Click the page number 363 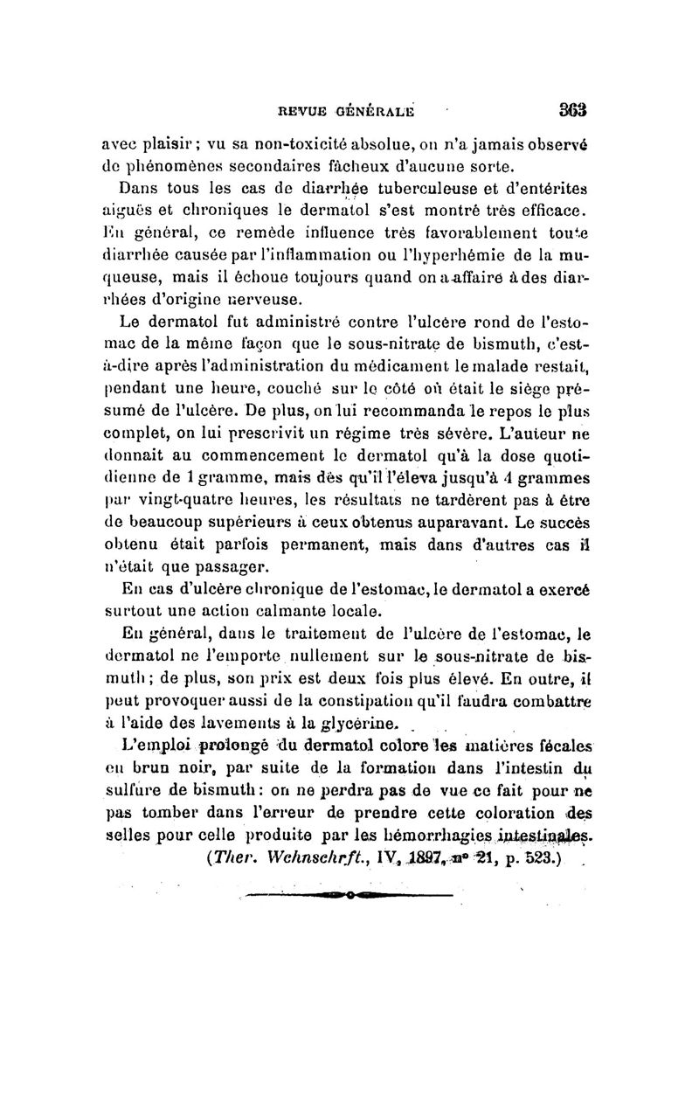569,110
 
